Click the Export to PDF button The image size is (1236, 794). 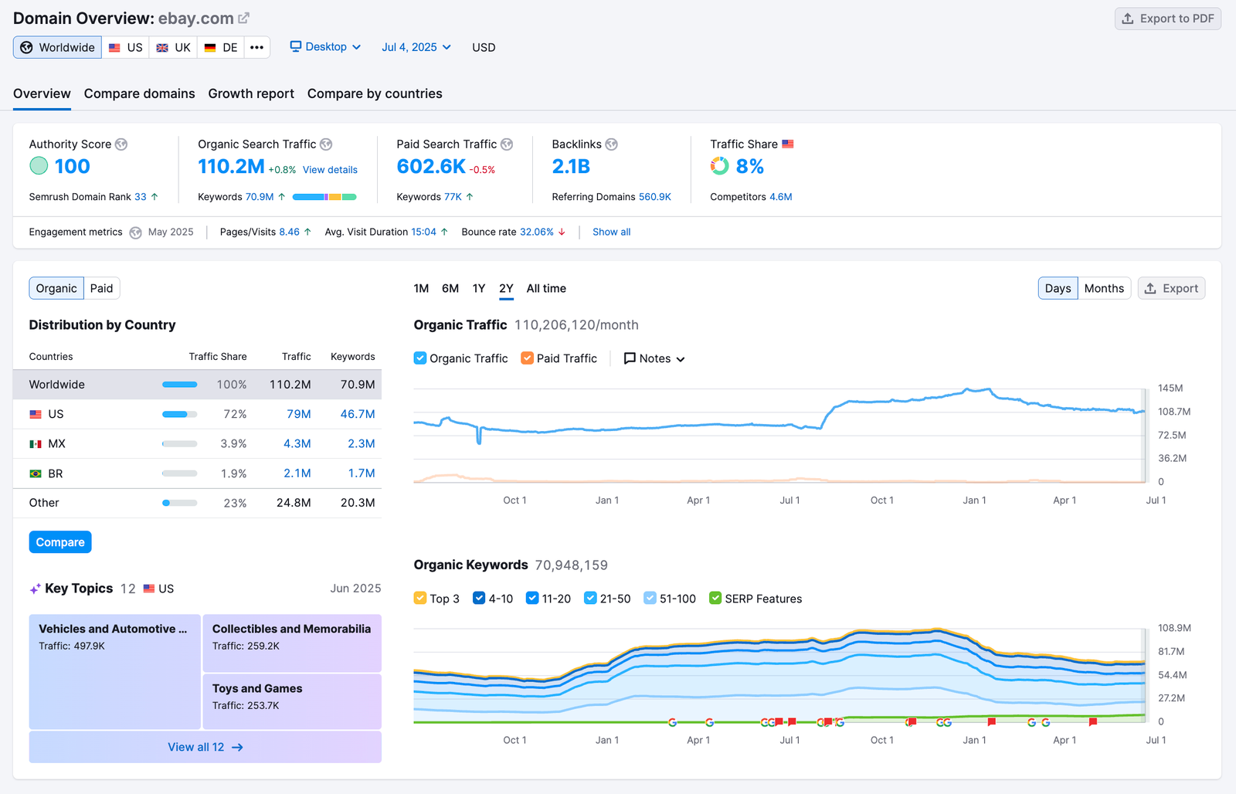tap(1167, 19)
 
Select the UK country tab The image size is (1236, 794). tap(174, 47)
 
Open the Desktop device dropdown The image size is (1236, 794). tap(325, 47)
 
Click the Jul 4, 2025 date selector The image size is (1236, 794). tap(416, 47)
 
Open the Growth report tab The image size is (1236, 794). tap(251, 93)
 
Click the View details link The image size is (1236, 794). tap(330, 170)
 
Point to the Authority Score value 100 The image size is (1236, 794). tap(72, 166)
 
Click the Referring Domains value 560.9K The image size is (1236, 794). tap(654, 197)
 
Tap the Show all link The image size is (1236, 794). tap(611, 232)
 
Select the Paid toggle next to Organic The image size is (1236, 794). tap(101, 288)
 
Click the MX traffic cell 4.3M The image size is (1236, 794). tap(297, 443)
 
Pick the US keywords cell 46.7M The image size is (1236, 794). tap(358, 414)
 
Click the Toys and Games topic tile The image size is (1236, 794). tap(292, 701)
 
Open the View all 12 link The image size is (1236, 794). tap(205, 747)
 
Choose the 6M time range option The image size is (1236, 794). tap(450, 288)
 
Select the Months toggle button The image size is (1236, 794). tap(1104, 288)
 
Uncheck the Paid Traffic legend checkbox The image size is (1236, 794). tap(528, 358)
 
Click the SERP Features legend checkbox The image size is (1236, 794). tap(715, 599)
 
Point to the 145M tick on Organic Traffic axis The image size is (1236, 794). tap(1170, 388)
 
